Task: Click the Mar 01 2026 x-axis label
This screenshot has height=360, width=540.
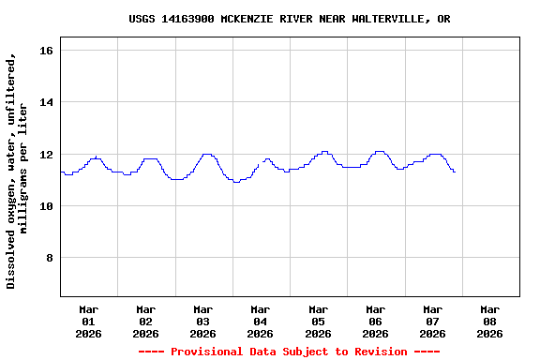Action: coord(88,321)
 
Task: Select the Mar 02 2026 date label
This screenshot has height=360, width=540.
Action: coord(145,321)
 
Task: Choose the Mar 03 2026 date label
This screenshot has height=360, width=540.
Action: coord(202,321)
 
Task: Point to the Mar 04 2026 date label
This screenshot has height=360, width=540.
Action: coord(260,321)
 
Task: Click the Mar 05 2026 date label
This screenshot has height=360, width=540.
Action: coord(318,321)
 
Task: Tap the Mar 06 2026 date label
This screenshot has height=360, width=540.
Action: coord(375,321)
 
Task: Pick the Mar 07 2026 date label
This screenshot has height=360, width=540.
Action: coord(432,321)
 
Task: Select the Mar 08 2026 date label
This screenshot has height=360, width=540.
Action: coord(489,321)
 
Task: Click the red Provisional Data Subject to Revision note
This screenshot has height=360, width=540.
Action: coord(289,352)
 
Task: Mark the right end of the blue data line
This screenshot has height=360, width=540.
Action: coord(455,172)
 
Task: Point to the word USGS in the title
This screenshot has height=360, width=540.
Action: coord(143,19)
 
